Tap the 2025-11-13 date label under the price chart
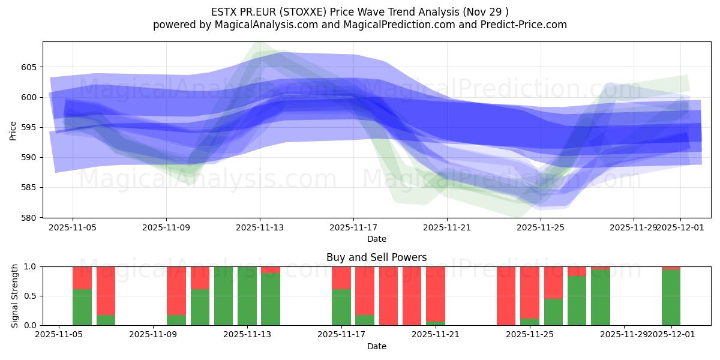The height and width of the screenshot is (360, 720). [260, 227]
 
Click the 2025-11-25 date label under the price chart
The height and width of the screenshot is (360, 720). [541, 227]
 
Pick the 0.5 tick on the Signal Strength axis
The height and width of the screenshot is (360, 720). [31, 296]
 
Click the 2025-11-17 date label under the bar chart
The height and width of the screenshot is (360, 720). [341, 335]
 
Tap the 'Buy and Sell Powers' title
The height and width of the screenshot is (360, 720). [376, 257]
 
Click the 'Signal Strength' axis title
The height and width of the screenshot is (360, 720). [15, 296]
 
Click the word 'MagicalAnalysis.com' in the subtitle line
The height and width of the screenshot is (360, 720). [265, 25]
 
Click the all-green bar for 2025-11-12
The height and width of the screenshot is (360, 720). [223, 296]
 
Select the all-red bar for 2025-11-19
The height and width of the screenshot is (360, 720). [388, 296]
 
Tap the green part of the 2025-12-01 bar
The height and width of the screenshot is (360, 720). [671, 298]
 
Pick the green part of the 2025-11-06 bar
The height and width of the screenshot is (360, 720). [82, 307]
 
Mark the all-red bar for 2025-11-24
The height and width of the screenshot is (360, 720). [506, 296]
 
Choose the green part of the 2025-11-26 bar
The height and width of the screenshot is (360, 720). [553, 312]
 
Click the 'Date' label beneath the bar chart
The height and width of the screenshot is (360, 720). [376, 346]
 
